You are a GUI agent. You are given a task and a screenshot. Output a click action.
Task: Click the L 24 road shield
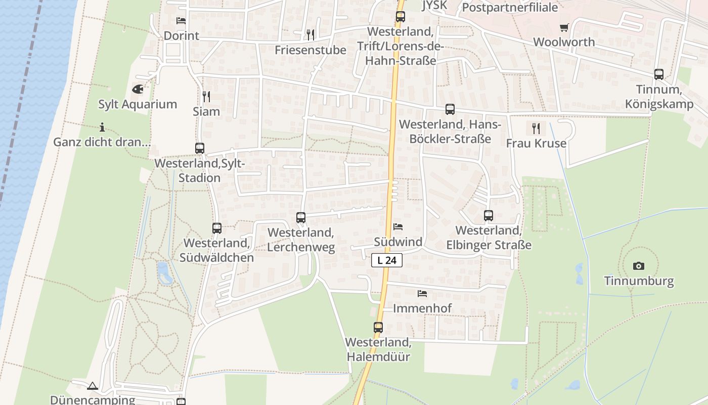coord(387,260)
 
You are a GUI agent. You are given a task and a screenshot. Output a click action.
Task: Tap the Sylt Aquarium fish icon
coord(138,89)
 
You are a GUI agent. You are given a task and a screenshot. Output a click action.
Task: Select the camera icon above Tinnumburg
coord(639,266)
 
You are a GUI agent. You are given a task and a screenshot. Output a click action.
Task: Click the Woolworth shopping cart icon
coord(564,27)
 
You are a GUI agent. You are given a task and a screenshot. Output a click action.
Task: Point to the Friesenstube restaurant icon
coord(311,34)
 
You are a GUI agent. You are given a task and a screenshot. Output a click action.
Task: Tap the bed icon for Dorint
coord(181,21)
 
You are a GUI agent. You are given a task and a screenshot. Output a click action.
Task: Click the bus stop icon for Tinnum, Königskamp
coord(658,74)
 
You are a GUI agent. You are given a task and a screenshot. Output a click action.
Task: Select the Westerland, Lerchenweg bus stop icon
coord(301,218)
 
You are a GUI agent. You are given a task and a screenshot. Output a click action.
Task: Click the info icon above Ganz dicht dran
coord(102,127)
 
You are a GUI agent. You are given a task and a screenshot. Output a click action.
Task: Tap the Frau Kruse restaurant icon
coord(536,128)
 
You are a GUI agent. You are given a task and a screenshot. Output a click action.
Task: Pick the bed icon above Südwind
coord(398,227)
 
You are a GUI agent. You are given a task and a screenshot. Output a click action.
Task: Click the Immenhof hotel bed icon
coord(422,293)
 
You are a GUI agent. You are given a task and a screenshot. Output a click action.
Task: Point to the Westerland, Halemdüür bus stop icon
coord(378,327)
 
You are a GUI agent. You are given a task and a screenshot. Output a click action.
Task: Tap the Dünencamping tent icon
coord(92,386)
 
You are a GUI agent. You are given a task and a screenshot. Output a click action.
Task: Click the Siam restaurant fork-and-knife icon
coord(206,96)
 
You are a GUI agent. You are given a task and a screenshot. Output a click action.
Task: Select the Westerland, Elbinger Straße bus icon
coord(488,216)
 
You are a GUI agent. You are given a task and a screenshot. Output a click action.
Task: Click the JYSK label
coord(434,6)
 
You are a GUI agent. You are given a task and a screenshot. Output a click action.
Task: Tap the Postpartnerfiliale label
coord(510,8)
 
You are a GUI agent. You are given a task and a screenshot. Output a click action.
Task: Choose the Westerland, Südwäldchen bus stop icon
coord(217,228)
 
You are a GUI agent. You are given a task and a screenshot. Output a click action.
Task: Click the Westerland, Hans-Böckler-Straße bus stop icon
coord(450,109)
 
